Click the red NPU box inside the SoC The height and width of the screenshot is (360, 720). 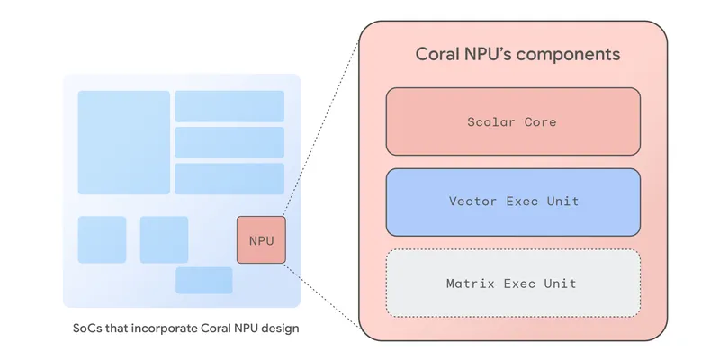(x=261, y=240)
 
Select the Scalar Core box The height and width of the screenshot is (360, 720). (x=513, y=121)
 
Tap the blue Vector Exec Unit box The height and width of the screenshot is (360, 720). (x=513, y=202)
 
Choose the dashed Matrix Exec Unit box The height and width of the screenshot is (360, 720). (x=513, y=283)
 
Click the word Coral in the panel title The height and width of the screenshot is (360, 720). (x=438, y=55)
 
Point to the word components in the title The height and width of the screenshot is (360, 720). (x=572, y=55)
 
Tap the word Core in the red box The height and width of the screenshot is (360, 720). (x=541, y=121)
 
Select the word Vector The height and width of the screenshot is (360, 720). (x=474, y=202)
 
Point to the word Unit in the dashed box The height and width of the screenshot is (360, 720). (x=561, y=283)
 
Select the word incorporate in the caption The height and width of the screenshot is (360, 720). (x=158, y=328)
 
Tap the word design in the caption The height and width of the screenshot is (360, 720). (x=279, y=328)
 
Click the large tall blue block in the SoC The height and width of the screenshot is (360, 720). (x=123, y=142)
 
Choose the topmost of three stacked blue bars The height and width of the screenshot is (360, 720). (x=229, y=106)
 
